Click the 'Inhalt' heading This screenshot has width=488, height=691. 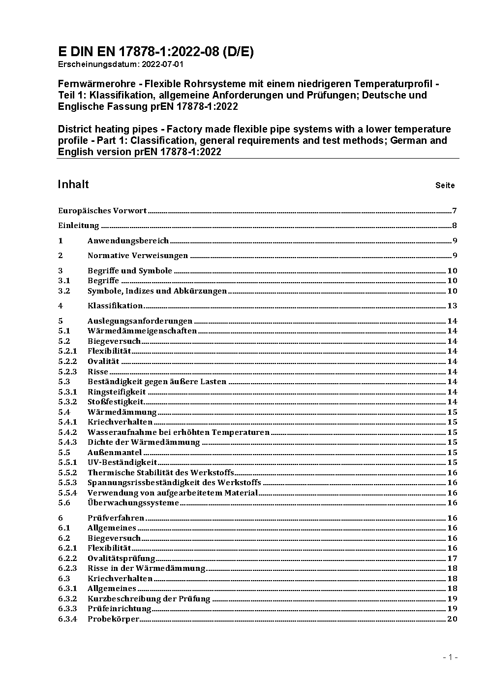pos(73,184)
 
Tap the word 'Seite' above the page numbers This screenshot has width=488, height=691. pos(445,186)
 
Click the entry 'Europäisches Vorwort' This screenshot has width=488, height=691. pos(102,211)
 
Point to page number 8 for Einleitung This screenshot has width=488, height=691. pos(455,226)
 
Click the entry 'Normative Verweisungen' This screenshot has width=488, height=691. pos(138,256)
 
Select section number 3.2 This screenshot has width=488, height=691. pos(64,291)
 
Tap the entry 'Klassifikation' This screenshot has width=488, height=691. pos(115,306)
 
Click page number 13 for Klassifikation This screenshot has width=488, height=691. pos(452,306)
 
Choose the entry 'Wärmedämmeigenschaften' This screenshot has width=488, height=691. pos(142,331)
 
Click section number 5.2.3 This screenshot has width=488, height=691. pos(67,372)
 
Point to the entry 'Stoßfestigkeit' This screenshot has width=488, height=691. pos(115,402)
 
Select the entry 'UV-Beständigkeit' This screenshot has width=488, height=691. pos(122,462)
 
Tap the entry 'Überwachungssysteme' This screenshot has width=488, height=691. pos(133,503)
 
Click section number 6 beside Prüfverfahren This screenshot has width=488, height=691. pos(61,518)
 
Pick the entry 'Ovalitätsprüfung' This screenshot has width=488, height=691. pos(122,559)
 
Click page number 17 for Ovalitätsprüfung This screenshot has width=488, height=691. pos(452,559)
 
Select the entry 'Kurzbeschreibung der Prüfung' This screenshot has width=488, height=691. pos(149,599)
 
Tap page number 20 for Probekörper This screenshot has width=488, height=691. pos(452,619)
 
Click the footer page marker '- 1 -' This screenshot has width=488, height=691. pos(450,657)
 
